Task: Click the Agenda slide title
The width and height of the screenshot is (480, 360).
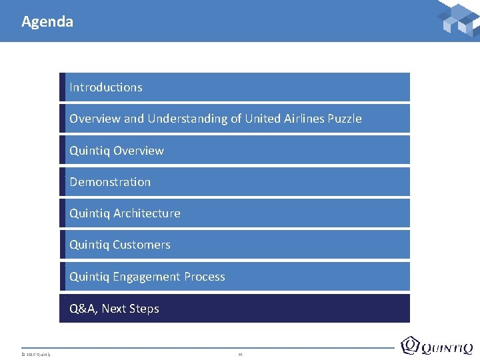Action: (x=47, y=21)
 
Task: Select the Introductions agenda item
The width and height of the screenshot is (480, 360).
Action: (x=106, y=87)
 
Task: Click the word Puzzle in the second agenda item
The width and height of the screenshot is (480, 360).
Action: (x=345, y=119)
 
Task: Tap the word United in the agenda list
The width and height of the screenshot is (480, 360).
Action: (x=263, y=119)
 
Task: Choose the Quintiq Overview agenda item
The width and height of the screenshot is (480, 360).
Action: (x=117, y=151)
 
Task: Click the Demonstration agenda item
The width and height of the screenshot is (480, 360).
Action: (x=110, y=182)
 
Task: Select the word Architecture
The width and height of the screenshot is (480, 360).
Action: (x=147, y=213)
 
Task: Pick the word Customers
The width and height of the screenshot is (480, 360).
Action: (x=141, y=245)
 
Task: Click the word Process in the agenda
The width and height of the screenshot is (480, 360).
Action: (x=204, y=277)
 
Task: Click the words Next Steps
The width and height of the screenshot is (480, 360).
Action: (x=130, y=309)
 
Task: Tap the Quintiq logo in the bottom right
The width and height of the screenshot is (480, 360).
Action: (x=437, y=346)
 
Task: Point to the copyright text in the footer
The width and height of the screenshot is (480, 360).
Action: (x=36, y=353)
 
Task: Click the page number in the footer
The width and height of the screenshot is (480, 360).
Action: (x=240, y=353)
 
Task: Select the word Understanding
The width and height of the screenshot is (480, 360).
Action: (x=187, y=119)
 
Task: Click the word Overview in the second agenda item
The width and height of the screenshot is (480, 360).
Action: (x=95, y=119)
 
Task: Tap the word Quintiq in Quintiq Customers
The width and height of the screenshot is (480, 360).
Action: (x=89, y=245)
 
